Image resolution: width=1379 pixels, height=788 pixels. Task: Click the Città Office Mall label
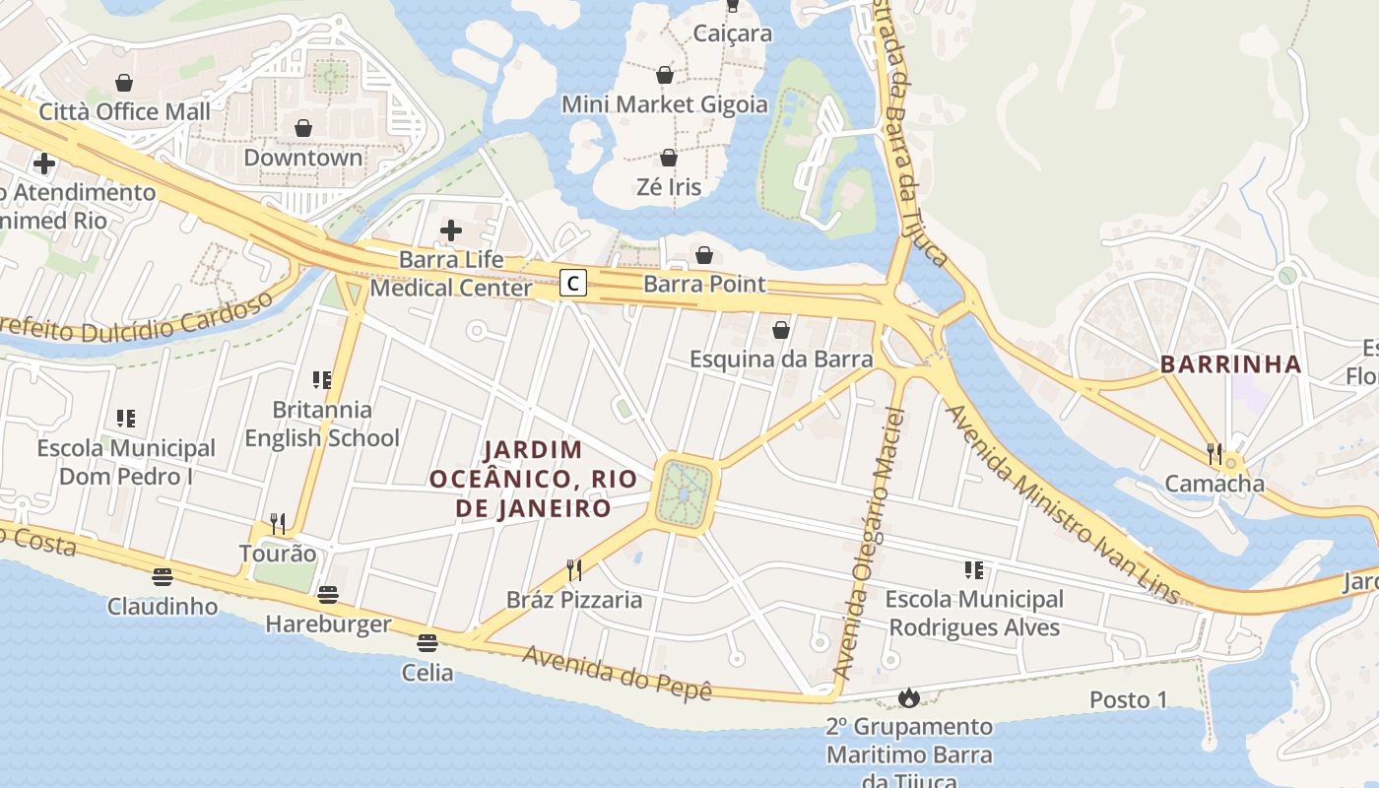[x=124, y=111]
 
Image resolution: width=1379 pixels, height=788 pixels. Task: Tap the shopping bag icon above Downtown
[x=303, y=128]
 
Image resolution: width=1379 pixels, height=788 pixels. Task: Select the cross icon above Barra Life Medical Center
[x=451, y=230]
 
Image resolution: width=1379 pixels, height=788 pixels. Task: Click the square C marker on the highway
[x=573, y=284]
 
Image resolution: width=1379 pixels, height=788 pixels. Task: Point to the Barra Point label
[x=704, y=285]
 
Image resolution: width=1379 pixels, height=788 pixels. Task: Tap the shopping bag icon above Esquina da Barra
[x=781, y=330]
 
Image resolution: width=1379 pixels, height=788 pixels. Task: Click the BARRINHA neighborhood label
[x=1230, y=364]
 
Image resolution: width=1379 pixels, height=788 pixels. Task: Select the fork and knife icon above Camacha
[x=1215, y=454]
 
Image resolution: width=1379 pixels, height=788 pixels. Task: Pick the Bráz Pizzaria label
[x=574, y=600]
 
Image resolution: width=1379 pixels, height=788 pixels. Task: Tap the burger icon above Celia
[x=427, y=643]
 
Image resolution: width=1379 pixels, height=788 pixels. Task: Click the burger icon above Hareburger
[x=328, y=594]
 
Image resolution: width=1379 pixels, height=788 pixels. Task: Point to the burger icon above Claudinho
[x=163, y=576]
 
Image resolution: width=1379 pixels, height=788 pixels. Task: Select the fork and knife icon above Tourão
[x=278, y=524]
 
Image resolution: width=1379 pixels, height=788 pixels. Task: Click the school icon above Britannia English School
[x=321, y=379]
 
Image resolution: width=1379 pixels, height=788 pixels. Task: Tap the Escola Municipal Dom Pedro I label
[x=126, y=462]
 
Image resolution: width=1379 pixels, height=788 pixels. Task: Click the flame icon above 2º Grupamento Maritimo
[x=908, y=697]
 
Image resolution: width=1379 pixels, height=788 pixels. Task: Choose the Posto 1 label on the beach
[x=1128, y=699]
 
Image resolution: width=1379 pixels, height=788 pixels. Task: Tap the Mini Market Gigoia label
[x=665, y=104]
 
